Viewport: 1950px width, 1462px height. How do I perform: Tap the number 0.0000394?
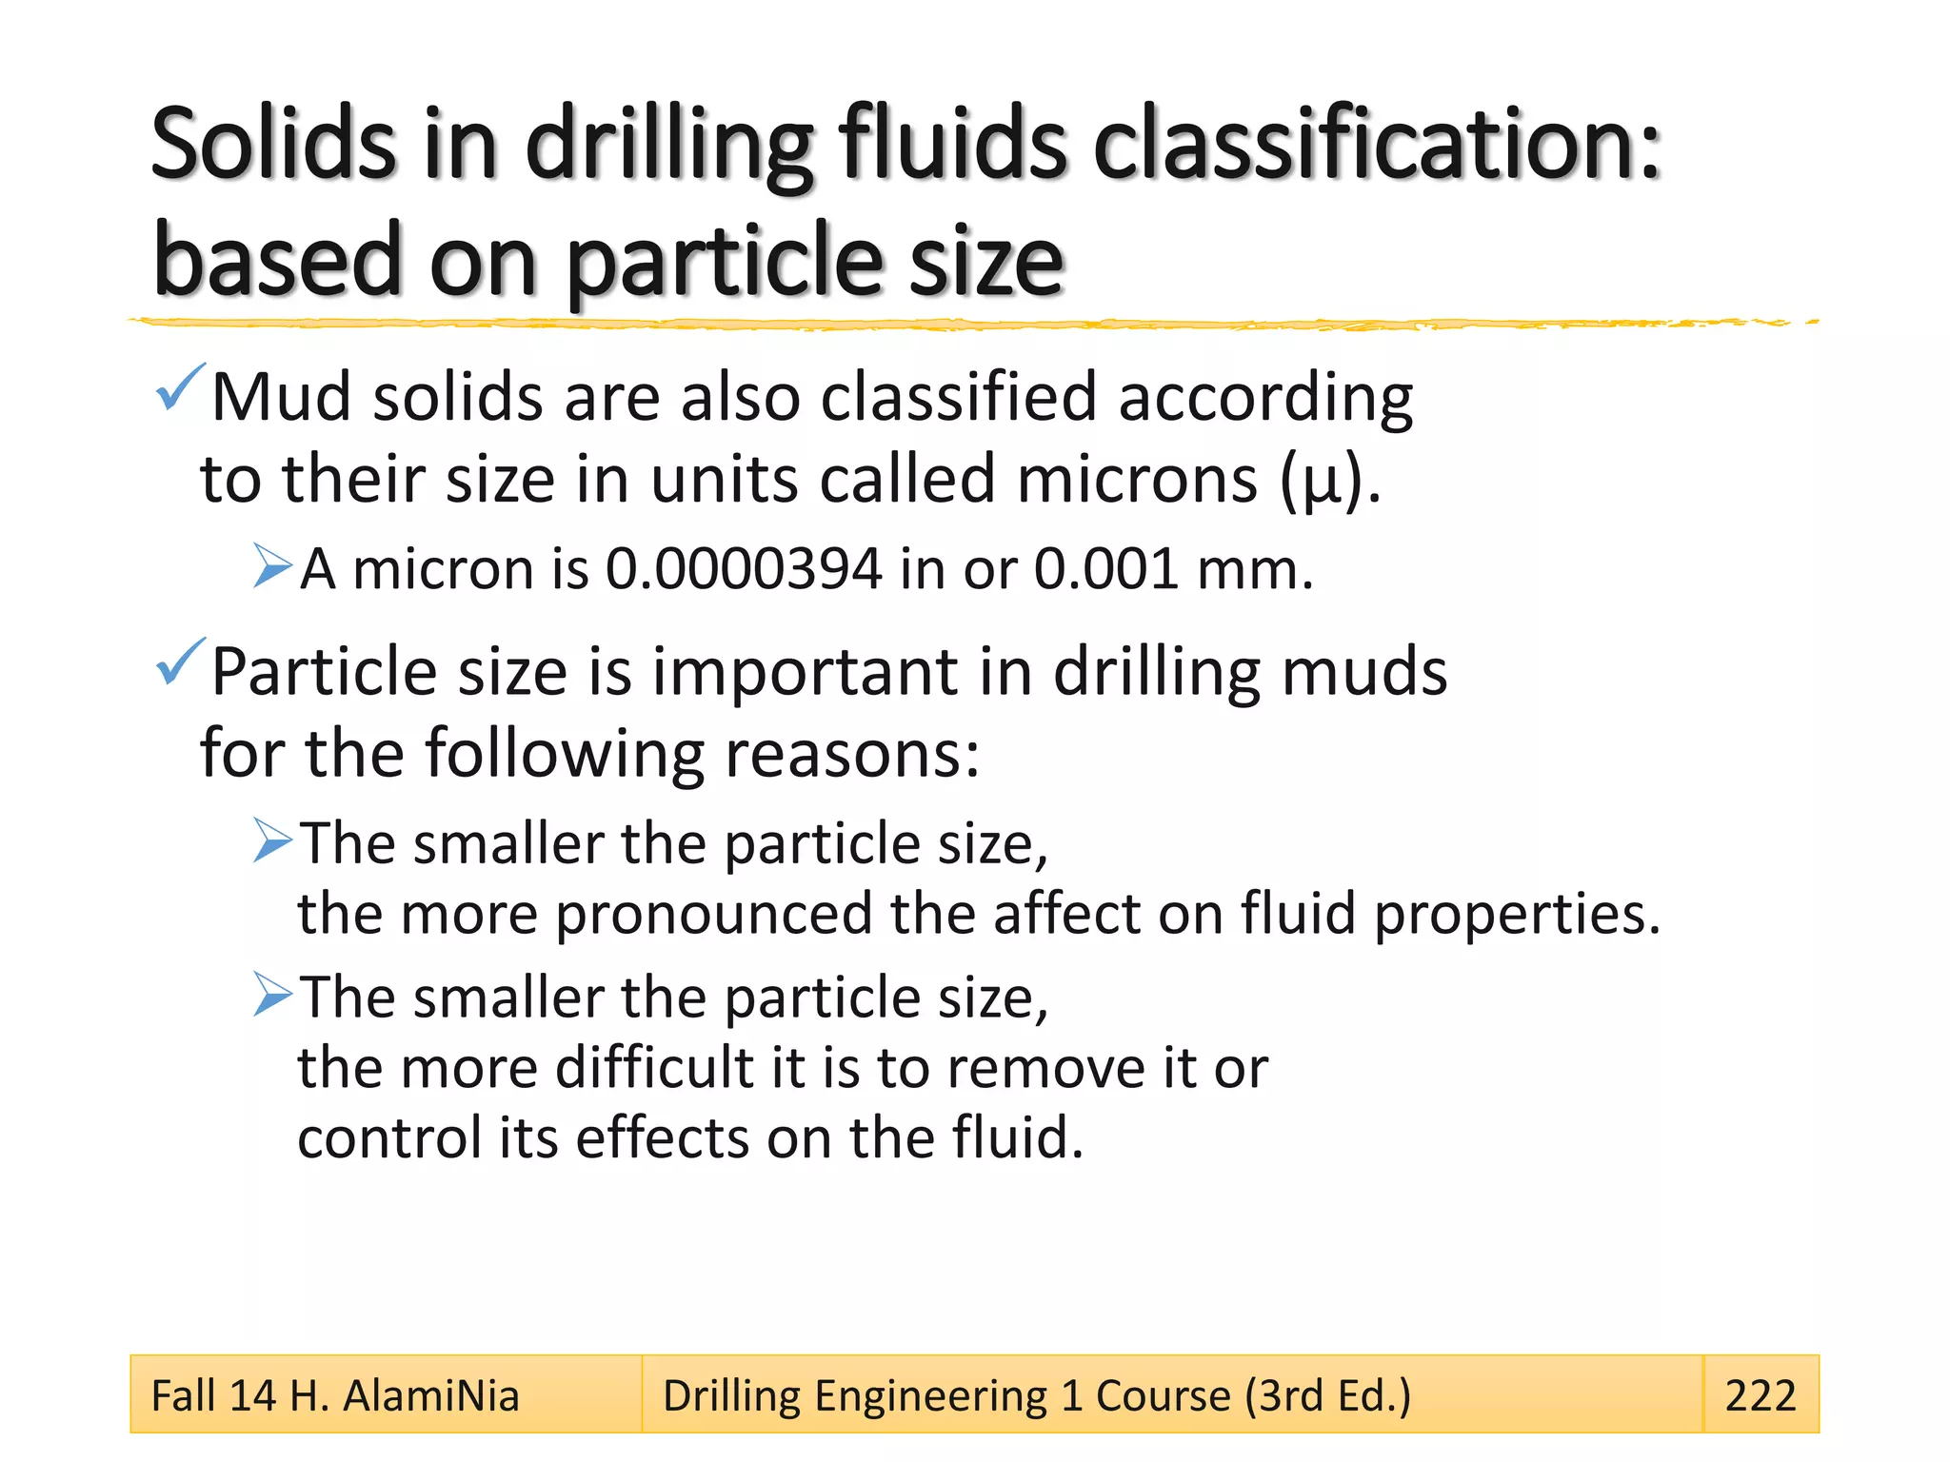click(744, 569)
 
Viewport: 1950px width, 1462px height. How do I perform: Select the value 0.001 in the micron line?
click(1106, 569)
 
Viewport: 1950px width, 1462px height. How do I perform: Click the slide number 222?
click(1760, 1395)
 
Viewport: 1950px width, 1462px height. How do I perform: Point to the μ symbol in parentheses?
click(1323, 483)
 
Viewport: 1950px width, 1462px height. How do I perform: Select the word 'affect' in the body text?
click(1066, 914)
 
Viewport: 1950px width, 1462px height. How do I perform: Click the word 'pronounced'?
click(714, 916)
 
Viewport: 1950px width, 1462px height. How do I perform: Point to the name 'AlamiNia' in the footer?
click(431, 1396)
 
